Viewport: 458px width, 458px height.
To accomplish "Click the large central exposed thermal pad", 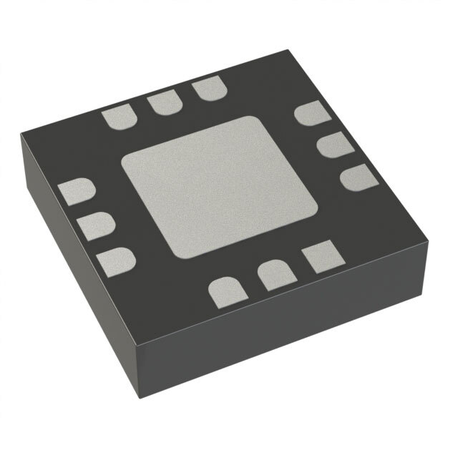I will (219, 187).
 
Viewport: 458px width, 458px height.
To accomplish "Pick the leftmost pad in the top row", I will (118, 118).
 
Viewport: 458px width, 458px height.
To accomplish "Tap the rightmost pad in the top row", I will (208, 89).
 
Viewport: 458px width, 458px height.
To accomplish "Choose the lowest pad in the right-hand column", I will (356, 177).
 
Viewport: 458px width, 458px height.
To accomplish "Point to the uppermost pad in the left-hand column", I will (77, 193).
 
